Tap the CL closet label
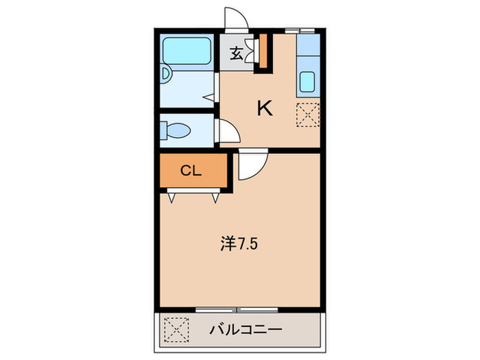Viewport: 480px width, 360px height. (191, 171)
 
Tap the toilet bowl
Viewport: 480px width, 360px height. (176, 130)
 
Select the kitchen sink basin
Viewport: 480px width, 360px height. (308, 82)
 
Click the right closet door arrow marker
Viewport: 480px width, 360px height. (215, 197)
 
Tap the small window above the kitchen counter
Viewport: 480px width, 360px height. (300, 30)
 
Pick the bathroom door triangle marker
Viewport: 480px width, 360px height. (206, 97)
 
